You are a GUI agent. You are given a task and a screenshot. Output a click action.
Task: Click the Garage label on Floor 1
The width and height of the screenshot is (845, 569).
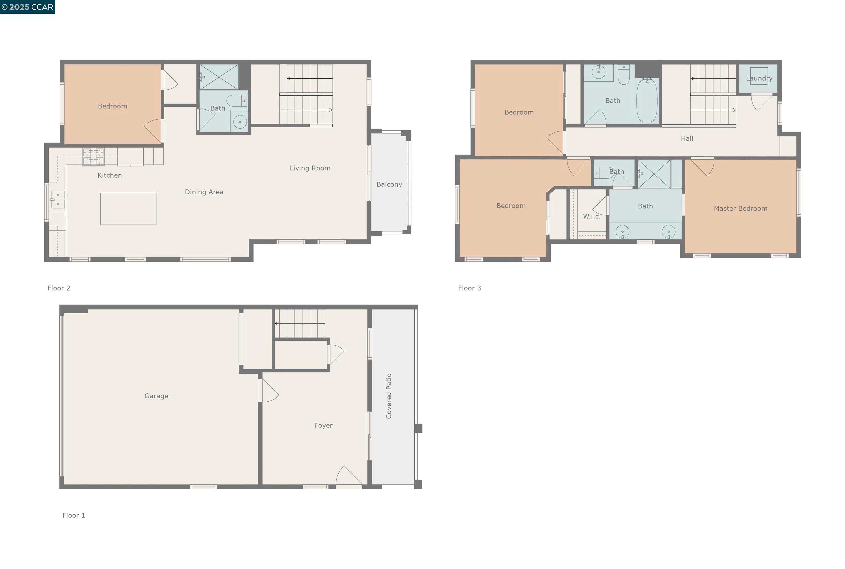[x=156, y=396]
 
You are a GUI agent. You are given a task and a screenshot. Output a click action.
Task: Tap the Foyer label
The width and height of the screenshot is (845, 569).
[x=323, y=425]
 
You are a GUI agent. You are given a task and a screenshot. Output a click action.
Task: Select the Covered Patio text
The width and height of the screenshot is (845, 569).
[x=389, y=396]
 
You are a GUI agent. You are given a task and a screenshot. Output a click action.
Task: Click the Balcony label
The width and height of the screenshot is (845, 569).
[x=389, y=184]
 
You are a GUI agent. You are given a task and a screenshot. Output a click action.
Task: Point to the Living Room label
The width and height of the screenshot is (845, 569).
[x=310, y=168]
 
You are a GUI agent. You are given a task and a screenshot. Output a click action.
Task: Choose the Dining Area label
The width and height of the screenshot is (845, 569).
[x=204, y=192]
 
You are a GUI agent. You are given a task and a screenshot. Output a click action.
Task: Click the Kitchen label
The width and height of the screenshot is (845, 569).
[x=110, y=175]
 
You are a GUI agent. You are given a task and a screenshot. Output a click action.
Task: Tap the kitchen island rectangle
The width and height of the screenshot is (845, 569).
[x=128, y=209]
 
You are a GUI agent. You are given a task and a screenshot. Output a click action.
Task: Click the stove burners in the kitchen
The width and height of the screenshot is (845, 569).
[x=93, y=157]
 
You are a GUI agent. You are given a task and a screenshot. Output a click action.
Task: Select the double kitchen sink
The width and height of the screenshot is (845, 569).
[x=58, y=200]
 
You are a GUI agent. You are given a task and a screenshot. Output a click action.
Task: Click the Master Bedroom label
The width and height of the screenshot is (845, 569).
[x=740, y=208]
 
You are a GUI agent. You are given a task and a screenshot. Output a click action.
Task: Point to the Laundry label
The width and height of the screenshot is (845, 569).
[x=759, y=78]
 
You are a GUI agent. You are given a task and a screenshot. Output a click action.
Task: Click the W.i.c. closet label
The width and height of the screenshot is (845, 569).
[x=592, y=216]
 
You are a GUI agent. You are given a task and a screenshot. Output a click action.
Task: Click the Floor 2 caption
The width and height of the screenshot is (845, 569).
[x=59, y=288]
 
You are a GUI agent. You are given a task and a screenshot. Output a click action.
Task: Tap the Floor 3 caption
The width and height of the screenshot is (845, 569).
[x=470, y=288]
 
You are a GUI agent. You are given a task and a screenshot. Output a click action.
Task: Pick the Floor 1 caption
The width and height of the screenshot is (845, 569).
[x=74, y=515]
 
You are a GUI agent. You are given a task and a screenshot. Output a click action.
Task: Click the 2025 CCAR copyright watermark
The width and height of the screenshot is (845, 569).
[x=28, y=7]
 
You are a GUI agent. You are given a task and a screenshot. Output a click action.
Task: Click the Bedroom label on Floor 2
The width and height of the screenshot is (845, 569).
[x=113, y=106]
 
